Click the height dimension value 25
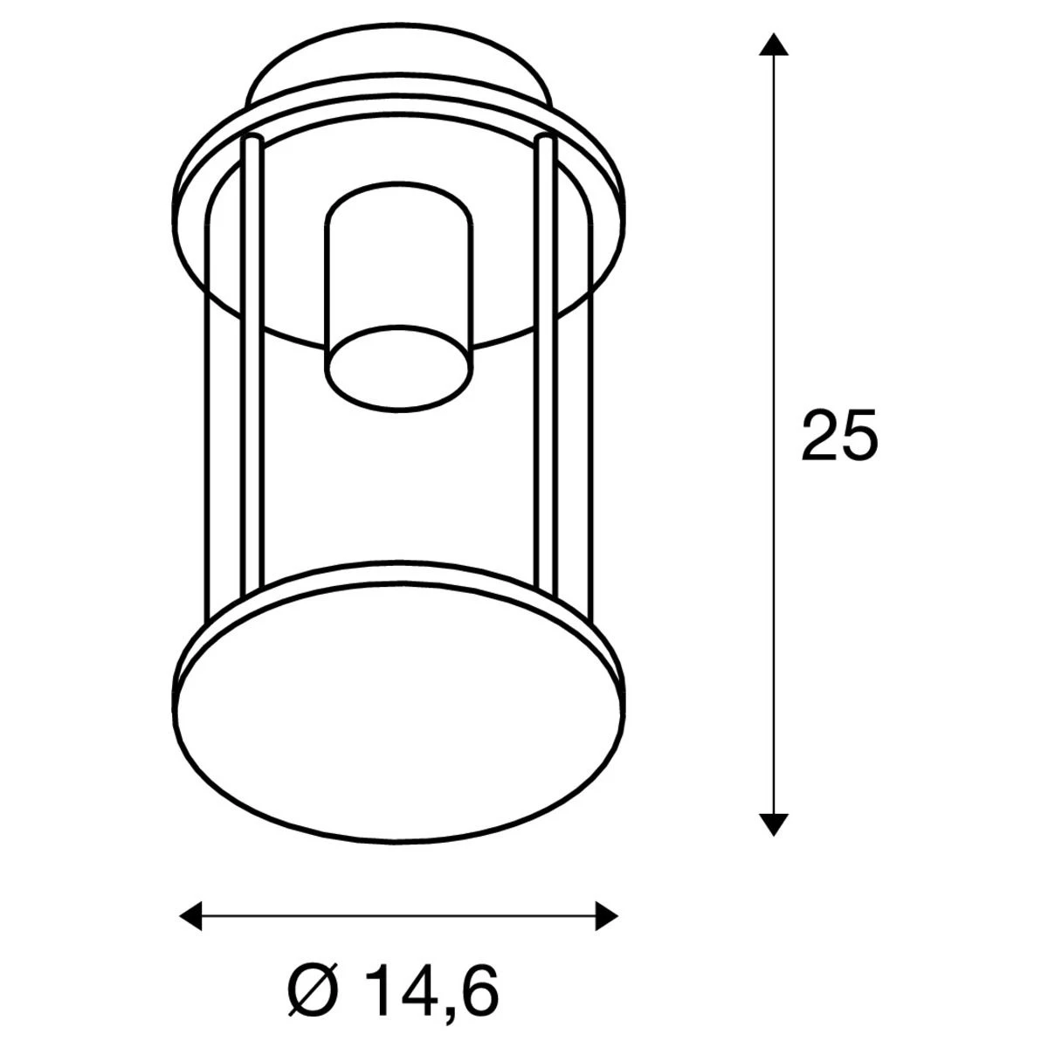click(838, 434)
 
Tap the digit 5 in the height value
click(858, 434)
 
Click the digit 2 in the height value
click(819, 434)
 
